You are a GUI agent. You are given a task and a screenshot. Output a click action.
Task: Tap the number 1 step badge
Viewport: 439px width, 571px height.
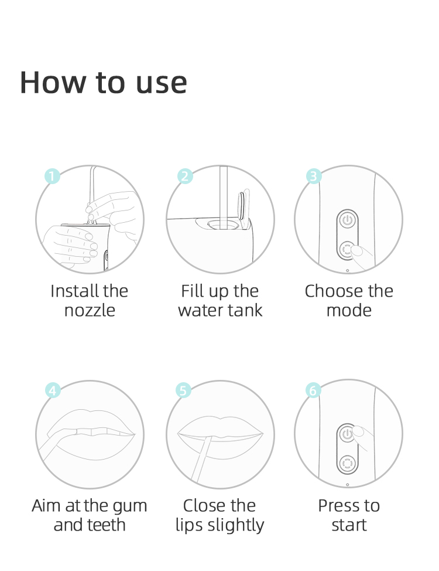point(52,176)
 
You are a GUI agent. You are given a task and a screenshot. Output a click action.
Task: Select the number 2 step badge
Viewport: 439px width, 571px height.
point(185,176)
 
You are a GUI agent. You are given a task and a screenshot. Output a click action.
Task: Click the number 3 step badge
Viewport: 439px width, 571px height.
point(314,176)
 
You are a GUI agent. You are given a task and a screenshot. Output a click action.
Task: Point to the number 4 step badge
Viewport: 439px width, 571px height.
point(53,390)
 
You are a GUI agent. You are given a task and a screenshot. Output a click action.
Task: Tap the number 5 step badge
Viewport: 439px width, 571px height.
point(183,390)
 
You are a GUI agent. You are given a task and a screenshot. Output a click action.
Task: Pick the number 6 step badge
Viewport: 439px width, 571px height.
point(313,390)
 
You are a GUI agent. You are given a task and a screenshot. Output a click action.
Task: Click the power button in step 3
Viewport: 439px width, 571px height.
point(348,220)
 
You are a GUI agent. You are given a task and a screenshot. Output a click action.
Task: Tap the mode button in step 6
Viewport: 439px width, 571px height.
point(347,464)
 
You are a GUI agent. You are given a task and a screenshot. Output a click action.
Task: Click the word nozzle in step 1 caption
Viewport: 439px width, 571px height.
point(90,311)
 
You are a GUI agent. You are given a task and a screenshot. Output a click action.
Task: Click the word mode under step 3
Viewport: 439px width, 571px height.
point(349,310)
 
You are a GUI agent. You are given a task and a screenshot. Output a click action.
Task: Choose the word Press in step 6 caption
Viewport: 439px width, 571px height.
point(336,505)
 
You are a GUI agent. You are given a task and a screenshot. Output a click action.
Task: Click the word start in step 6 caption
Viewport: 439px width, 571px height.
point(349,525)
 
